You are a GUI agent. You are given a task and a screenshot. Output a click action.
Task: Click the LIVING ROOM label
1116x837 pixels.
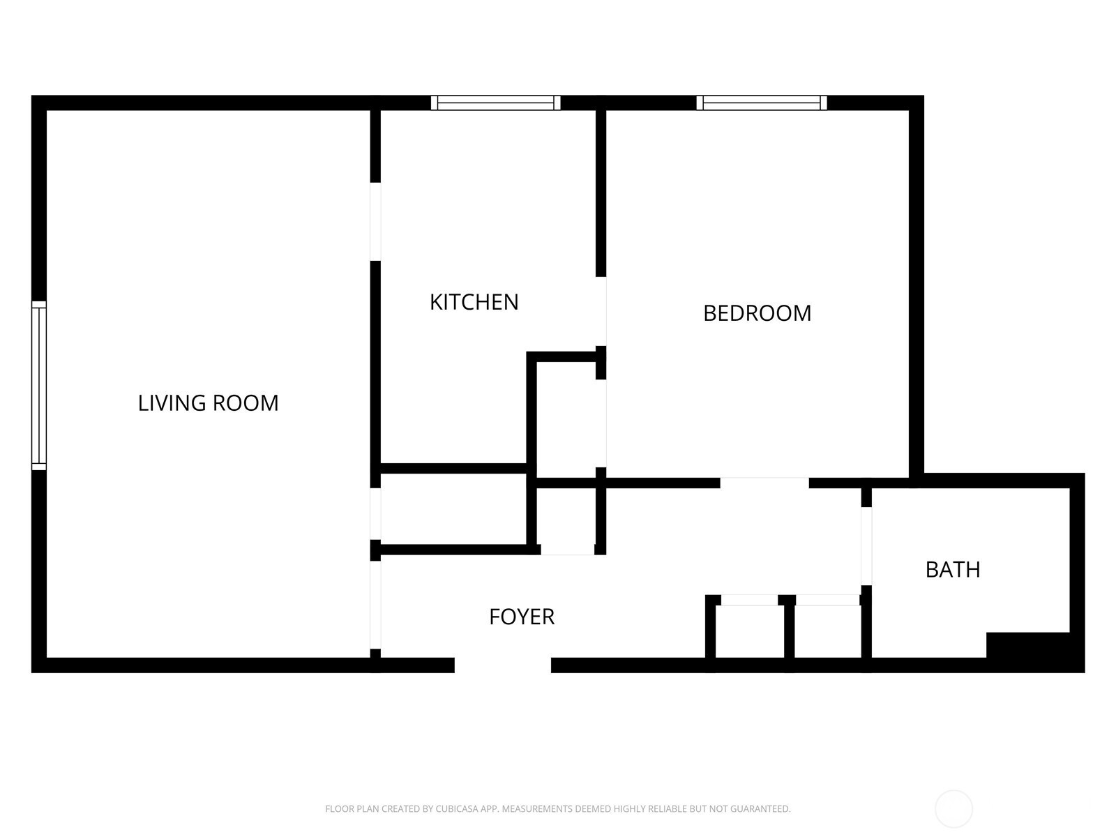[x=209, y=403]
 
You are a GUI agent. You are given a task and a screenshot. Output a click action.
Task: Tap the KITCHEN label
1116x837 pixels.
[x=474, y=303]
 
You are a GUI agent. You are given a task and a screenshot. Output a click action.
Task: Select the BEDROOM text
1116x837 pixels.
[x=757, y=313]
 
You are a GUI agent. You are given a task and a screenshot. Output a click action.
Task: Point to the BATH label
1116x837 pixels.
[x=953, y=570]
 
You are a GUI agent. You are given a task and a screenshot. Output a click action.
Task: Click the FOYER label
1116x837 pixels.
[x=522, y=617]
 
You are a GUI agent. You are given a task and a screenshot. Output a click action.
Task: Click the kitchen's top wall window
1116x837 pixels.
[x=496, y=103]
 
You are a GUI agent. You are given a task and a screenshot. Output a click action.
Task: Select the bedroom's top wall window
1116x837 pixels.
[x=762, y=103]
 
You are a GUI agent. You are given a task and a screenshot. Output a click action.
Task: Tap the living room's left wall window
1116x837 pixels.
[x=39, y=386]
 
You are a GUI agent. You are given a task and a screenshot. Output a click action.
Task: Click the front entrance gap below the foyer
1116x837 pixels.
[x=503, y=665]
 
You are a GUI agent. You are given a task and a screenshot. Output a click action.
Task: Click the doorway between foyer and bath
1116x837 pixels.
[x=866, y=546]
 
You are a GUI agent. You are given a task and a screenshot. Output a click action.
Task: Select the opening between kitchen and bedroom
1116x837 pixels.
[x=601, y=312]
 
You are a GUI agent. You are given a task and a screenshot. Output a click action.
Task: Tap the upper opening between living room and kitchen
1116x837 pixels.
[x=375, y=222]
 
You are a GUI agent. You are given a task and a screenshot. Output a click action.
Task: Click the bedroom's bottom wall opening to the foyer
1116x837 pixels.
[x=764, y=483]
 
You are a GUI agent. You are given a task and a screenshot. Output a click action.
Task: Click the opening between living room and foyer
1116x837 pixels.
[x=375, y=605]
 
